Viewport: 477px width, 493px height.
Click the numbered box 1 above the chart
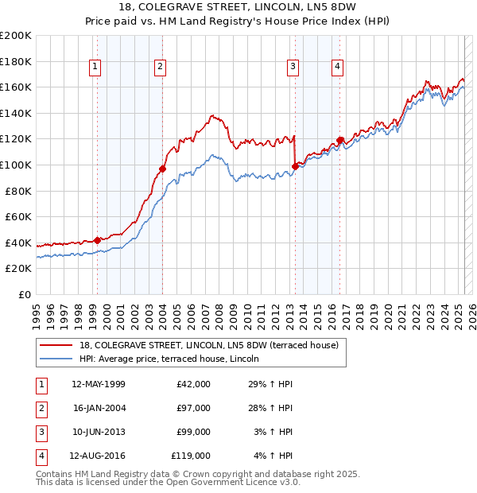coord(95,68)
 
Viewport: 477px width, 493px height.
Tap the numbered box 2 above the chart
coord(160,68)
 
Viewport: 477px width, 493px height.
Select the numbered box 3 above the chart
coord(293,68)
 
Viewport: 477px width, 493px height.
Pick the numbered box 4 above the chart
coord(338,68)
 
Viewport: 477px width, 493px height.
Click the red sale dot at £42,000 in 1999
coord(97,240)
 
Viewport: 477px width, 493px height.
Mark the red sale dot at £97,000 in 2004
coord(162,169)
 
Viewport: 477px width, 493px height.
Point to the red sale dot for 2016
coord(340,140)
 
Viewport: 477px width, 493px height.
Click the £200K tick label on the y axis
coord(16,36)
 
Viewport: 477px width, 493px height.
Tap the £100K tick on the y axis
coord(16,165)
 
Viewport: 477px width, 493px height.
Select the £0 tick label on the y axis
coord(25,294)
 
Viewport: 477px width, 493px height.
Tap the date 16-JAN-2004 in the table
coord(99,408)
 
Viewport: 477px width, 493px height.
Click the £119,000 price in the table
coord(191,456)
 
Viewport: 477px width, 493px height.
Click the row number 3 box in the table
coord(41,432)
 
